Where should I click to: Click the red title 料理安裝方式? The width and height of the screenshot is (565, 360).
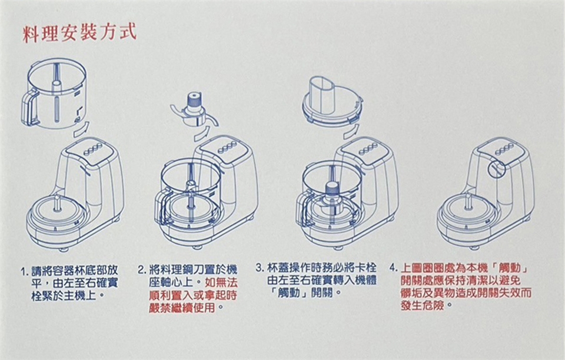click(79, 33)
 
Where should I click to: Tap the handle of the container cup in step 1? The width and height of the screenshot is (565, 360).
click(30, 107)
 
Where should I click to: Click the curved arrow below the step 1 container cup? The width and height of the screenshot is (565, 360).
click(81, 129)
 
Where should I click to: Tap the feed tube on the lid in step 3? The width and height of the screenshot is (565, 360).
click(323, 94)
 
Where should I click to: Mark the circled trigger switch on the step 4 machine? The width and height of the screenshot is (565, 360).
click(497, 169)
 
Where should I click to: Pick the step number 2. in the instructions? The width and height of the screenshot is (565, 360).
click(142, 270)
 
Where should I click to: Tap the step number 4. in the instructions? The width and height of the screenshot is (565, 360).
click(394, 269)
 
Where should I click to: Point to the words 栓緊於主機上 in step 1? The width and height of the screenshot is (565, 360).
click(64, 296)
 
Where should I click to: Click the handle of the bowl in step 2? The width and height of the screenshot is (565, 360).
click(161, 208)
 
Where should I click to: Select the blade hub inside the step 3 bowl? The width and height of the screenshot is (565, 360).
click(334, 190)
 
